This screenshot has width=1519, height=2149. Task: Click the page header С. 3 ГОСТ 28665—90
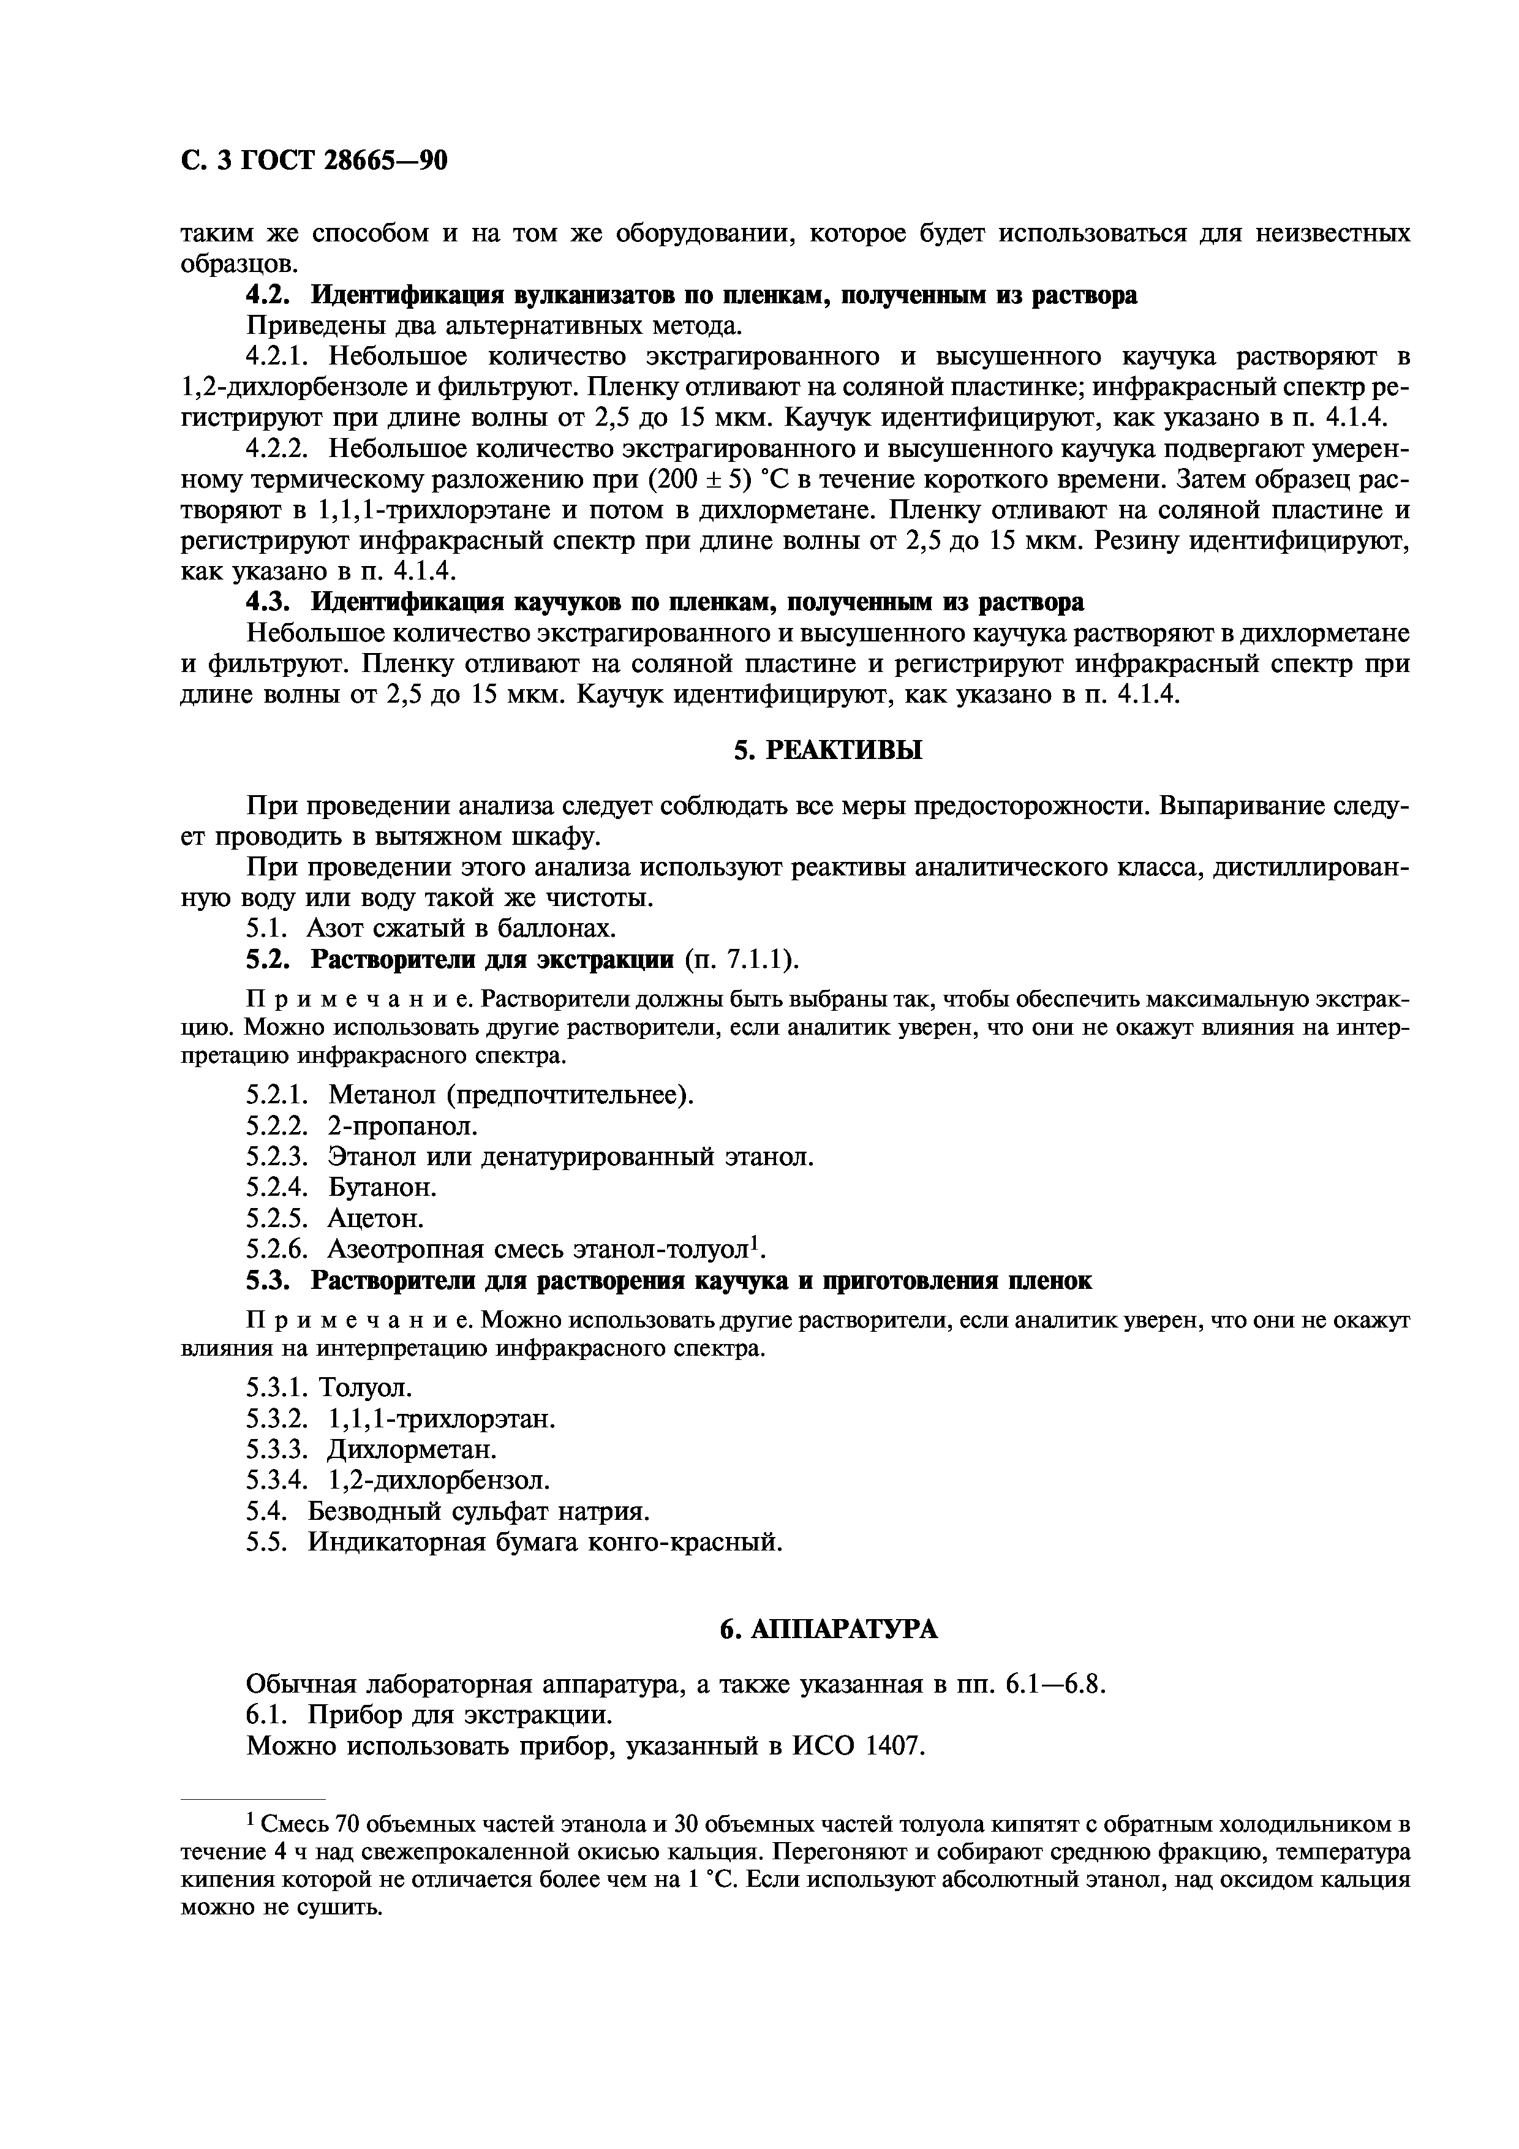pos(314,162)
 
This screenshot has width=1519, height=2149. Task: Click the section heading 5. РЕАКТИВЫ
pos(828,750)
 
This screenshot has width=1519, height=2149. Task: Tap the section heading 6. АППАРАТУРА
pos(828,1630)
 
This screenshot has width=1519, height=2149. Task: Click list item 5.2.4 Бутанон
pos(342,1188)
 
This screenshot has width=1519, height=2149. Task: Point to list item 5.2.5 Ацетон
pos(335,1218)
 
